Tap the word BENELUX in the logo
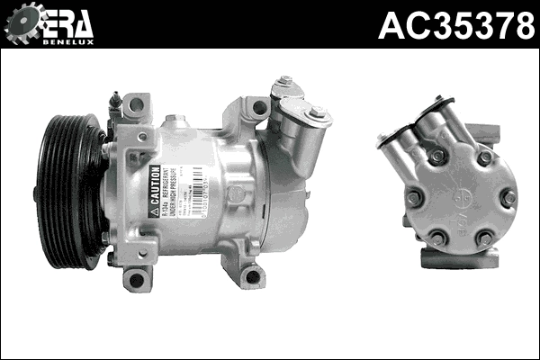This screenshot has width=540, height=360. click(x=67, y=41)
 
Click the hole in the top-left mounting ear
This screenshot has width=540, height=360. click(x=136, y=104)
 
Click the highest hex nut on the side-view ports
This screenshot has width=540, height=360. click(x=285, y=84)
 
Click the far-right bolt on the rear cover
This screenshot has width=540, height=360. click(x=508, y=197)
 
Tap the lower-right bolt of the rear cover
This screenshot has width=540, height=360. click(x=485, y=238)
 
